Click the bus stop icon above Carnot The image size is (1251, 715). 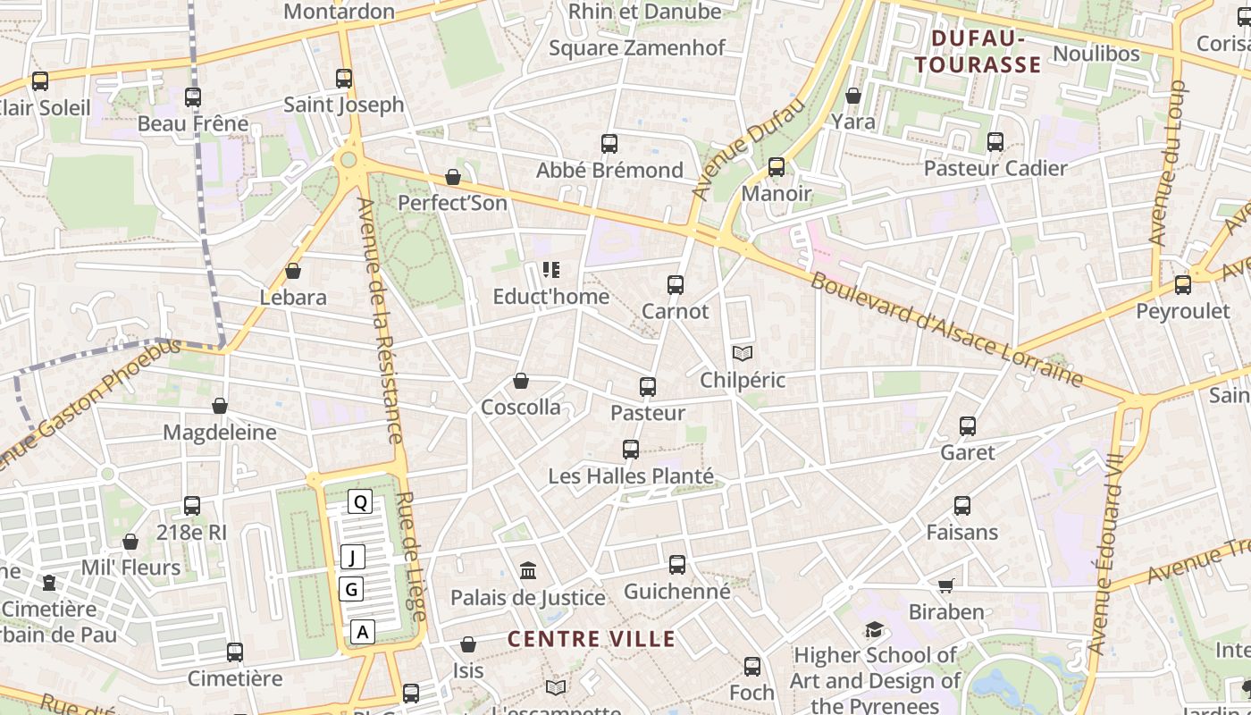(676, 285)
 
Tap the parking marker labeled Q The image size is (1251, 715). (360, 501)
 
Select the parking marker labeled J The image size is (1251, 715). (352, 558)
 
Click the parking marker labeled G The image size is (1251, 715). (351, 589)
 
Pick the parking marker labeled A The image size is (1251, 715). (362, 632)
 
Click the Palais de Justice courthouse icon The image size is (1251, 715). (528, 570)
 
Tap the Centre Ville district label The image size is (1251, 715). (592, 639)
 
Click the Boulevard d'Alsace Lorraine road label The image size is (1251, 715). (947, 330)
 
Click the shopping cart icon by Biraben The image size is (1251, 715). (946, 585)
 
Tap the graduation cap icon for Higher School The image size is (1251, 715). (873, 630)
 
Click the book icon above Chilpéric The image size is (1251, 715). (742, 353)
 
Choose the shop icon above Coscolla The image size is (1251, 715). (521, 382)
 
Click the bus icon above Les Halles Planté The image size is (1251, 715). (631, 450)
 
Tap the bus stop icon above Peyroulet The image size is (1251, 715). (1183, 285)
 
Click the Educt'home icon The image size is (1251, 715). (550, 270)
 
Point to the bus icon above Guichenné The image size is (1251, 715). (677, 565)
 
